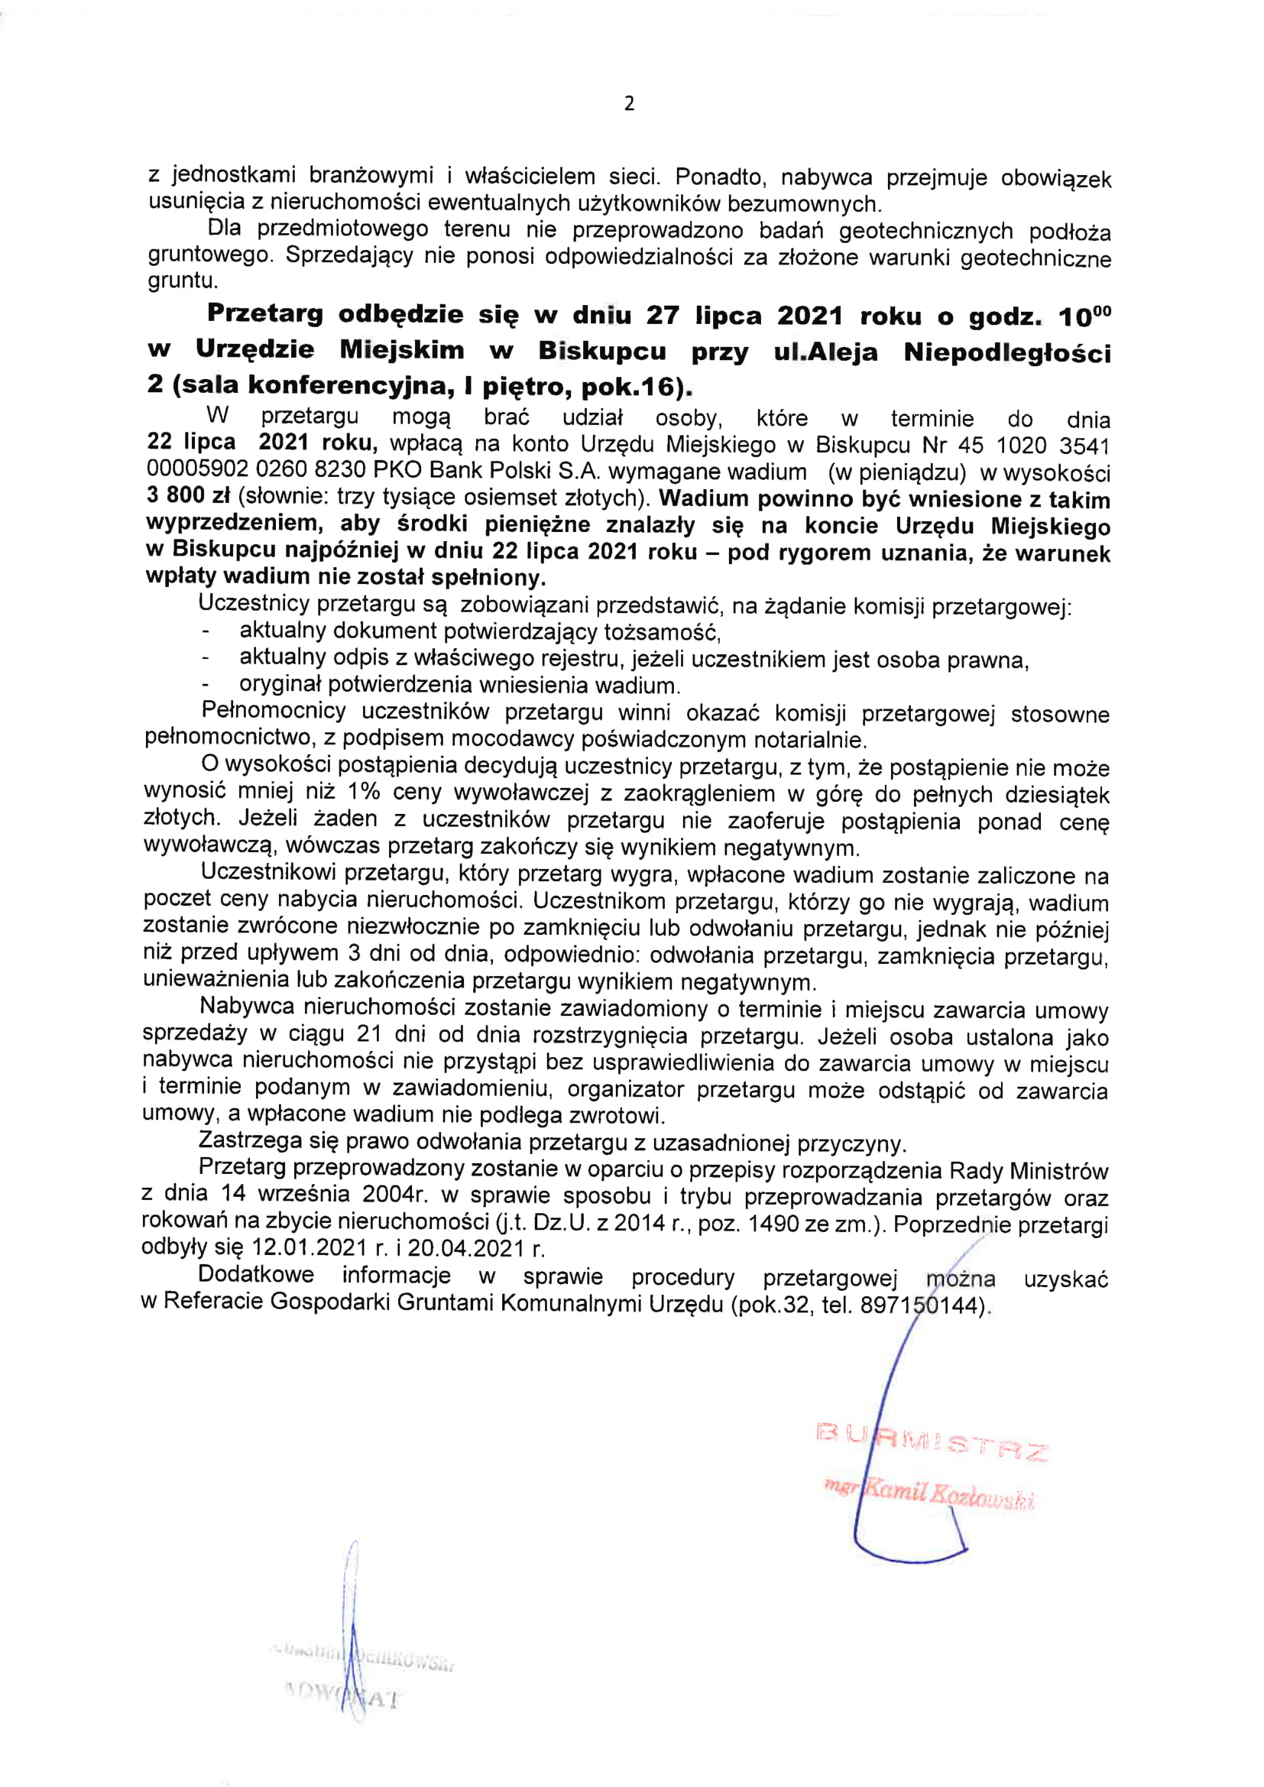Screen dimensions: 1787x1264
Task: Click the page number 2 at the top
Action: (629, 103)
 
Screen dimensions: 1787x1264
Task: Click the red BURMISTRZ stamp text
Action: (932, 1442)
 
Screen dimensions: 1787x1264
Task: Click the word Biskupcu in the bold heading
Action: (601, 351)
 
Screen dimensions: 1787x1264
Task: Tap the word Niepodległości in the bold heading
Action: (1007, 353)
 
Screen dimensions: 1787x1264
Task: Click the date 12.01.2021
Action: (310, 1247)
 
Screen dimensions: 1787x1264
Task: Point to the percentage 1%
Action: (364, 793)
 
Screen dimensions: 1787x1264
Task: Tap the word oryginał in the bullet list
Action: (281, 684)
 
